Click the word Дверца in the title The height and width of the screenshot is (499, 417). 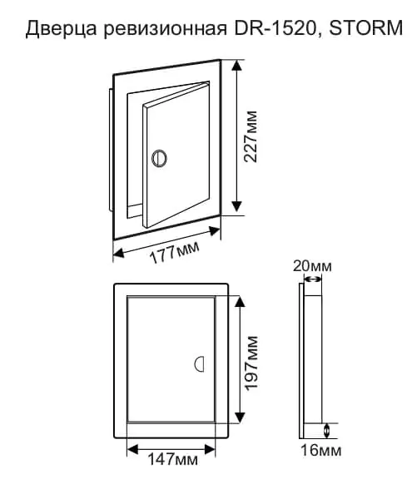pos(61,28)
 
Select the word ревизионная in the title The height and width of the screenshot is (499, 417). pos(166,28)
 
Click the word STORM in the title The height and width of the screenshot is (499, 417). pos(365,27)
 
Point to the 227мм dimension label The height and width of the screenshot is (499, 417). pos(251,136)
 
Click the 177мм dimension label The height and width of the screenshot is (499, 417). pos(175,253)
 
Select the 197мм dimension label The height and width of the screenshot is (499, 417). pos(251,362)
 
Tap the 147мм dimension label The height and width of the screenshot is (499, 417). pos(172,459)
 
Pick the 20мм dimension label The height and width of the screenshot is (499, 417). pos(312,266)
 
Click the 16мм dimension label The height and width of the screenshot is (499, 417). pos(321,450)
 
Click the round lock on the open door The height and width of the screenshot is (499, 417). pos(159,158)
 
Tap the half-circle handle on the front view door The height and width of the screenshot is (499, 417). pos(199,363)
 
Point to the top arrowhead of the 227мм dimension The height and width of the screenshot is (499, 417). pos(236,66)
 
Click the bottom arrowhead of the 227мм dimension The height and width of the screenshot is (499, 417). pos(236,205)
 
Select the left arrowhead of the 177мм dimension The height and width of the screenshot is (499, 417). pos(119,254)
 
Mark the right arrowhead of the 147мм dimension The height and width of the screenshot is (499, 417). pos(210,449)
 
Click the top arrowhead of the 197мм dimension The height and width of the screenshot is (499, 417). pos(240,301)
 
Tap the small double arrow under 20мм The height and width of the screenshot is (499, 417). pos(312,279)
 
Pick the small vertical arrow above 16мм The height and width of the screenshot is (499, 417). pos(326,431)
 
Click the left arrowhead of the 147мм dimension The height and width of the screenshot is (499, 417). pos(132,449)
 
